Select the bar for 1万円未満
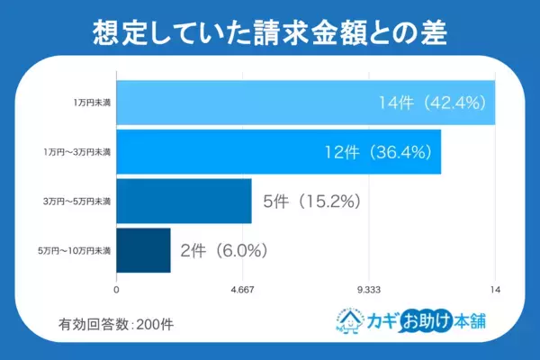[306, 103]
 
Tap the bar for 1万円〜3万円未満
[279, 151]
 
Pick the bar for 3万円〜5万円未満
[184, 201]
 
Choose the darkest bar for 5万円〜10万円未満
[144, 250]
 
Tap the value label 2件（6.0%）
[224, 250]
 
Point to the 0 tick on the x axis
[117, 289]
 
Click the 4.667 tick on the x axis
[243, 289]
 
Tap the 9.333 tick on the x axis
[369, 289]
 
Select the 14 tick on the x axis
[494, 289]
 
